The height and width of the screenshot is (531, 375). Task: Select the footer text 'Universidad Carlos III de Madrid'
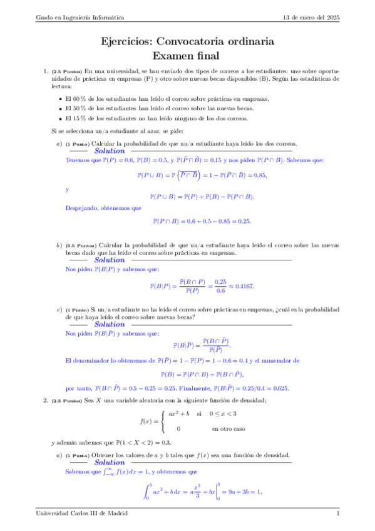click(81, 513)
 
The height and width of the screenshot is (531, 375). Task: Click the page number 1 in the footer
click(337, 513)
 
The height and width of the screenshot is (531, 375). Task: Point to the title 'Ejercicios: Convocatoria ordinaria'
click(187, 42)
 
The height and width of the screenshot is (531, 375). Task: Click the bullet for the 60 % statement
click(59, 100)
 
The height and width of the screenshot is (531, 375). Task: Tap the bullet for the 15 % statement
click(59, 118)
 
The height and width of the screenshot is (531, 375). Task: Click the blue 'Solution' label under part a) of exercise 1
click(110, 151)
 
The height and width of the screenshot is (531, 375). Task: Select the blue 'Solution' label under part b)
click(110, 260)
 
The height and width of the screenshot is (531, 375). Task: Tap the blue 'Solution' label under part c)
click(110, 324)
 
